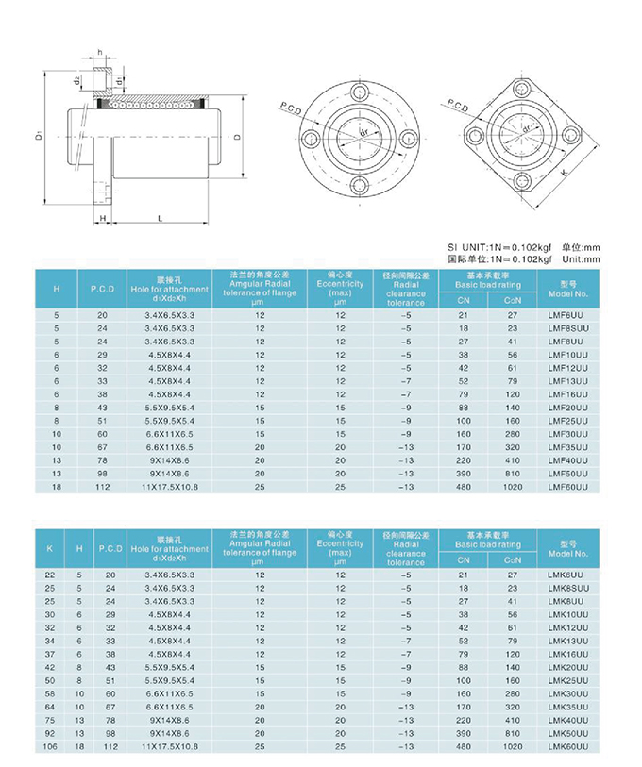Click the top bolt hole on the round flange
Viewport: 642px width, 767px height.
[359, 92]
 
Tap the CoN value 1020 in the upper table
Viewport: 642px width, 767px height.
[513, 486]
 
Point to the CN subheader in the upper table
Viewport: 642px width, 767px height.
[463, 299]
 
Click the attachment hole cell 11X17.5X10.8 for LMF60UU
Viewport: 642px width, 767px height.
[170, 486]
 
